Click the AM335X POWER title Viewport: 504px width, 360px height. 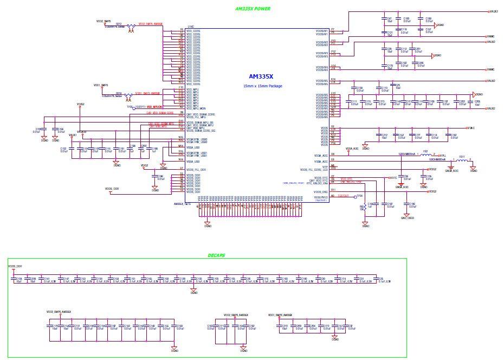pyautogui.click(x=253, y=9)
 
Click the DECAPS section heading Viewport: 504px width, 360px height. pyautogui.click(x=216, y=255)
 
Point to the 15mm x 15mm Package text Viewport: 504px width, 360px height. pyautogui.click(x=262, y=86)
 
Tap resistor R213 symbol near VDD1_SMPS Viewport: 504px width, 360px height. pyautogui.click(x=128, y=97)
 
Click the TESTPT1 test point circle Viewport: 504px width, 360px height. pyautogui.click(x=133, y=107)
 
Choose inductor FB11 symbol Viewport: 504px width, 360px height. pyautogui.click(x=462, y=160)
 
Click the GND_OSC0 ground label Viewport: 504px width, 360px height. pyautogui.click(x=407, y=217)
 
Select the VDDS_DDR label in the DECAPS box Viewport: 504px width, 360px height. pyautogui.click(x=15, y=266)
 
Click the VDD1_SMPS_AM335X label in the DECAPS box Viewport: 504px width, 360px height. pyautogui.click(x=280, y=314)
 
